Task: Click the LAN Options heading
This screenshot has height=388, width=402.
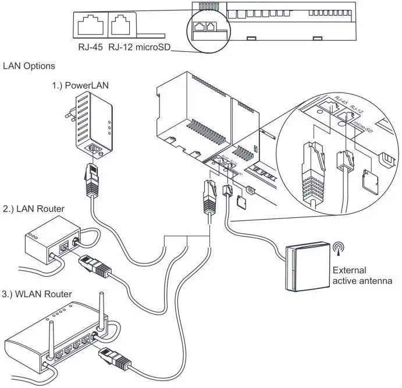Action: (29, 66)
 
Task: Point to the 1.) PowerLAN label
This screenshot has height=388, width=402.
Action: (75, 86)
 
